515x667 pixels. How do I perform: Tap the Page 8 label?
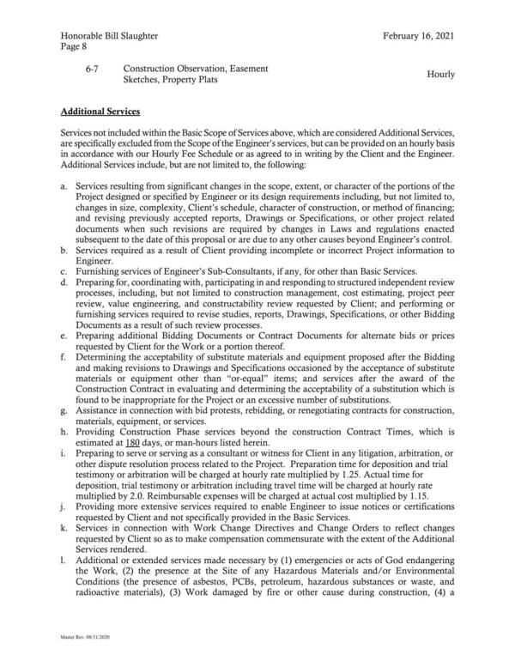click(75, 51)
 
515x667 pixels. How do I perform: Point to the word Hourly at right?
click(440, 75)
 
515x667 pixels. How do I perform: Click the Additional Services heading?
click(106, 112)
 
